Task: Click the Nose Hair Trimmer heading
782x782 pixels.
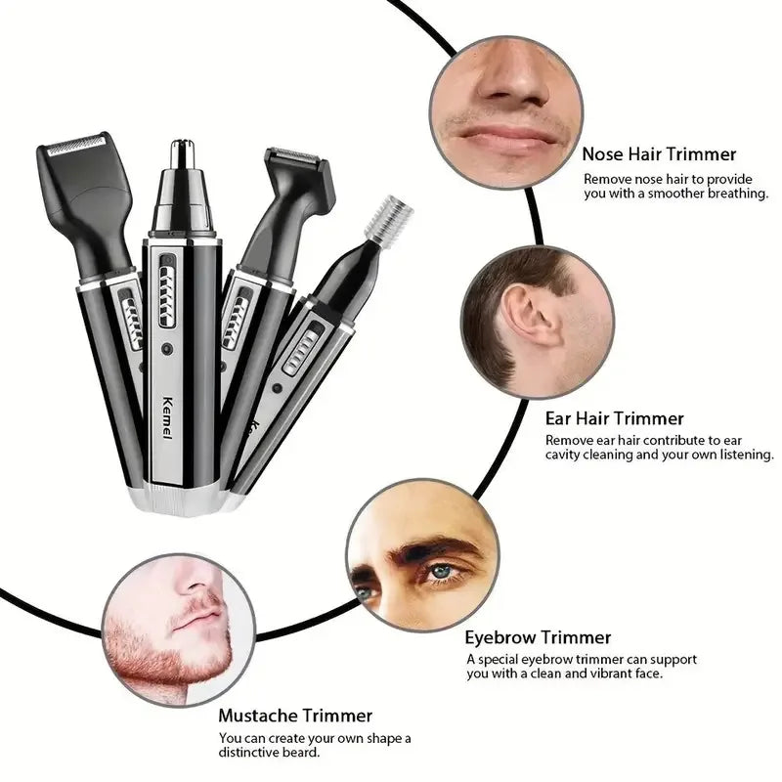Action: click(x=659, y=153)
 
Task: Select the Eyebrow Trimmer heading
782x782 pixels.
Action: click(x=538, y=637)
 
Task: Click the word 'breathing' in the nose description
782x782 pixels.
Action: click(x=734, y=194)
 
